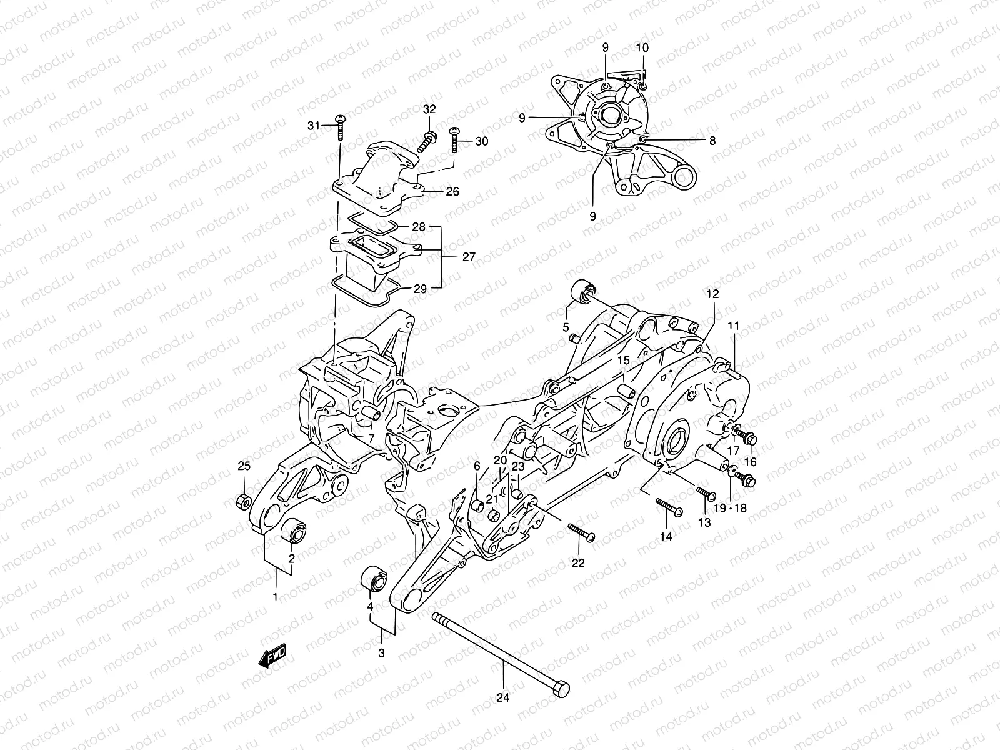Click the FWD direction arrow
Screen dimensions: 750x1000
pyautogui.click(x=274, y=657)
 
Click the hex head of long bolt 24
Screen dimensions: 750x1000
pyautogui.click(x=561, y=689)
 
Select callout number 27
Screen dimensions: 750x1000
pyautogui.click(x=469, y=257)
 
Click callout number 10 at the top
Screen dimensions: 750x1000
pyautogui.click(x=642, y=47)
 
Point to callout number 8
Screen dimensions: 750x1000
pyautogui.click(x=712, y=141)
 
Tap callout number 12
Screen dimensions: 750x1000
pyautogui.click(x=713, y=294)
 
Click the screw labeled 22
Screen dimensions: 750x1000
pyautogui.click(x=581, y=533)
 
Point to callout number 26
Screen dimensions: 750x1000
pyautogui.click(x=452, y=191)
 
